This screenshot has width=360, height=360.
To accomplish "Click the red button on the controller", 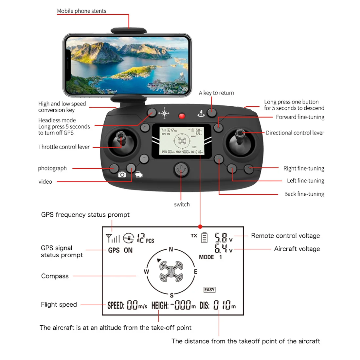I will (182, 116).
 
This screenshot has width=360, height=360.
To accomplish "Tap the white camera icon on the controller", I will (122, 174).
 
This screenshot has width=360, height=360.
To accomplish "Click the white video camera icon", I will (139, 174).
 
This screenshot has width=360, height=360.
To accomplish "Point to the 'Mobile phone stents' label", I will (81, 11).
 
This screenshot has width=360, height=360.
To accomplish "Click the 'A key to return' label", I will (216, 93).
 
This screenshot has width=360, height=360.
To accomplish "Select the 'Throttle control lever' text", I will (64, 147).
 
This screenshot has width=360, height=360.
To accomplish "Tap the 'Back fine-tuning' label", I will (304, 194).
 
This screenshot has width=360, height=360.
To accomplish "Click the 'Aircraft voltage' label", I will (297, 249).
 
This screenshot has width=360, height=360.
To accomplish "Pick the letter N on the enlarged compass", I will (171, 249).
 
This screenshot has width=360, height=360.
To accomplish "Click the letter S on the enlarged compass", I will (171, 295).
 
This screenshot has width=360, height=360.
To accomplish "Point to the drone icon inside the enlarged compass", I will (171, 271).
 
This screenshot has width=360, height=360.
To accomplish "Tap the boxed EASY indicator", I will (209, 290).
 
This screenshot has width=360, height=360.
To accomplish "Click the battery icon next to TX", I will (204, 237).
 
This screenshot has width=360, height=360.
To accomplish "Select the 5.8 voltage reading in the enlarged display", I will (221, 238).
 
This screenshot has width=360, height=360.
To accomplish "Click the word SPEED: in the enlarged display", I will (116, 306).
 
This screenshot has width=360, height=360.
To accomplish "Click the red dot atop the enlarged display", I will (200, 226).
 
